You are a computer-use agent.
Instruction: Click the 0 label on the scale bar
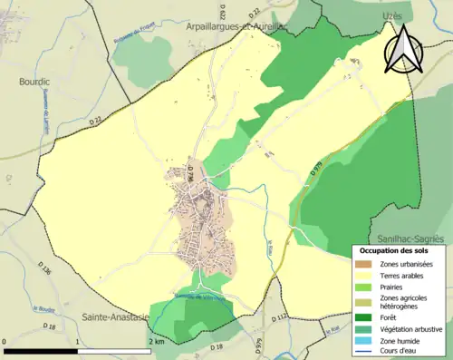click(6, 341)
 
